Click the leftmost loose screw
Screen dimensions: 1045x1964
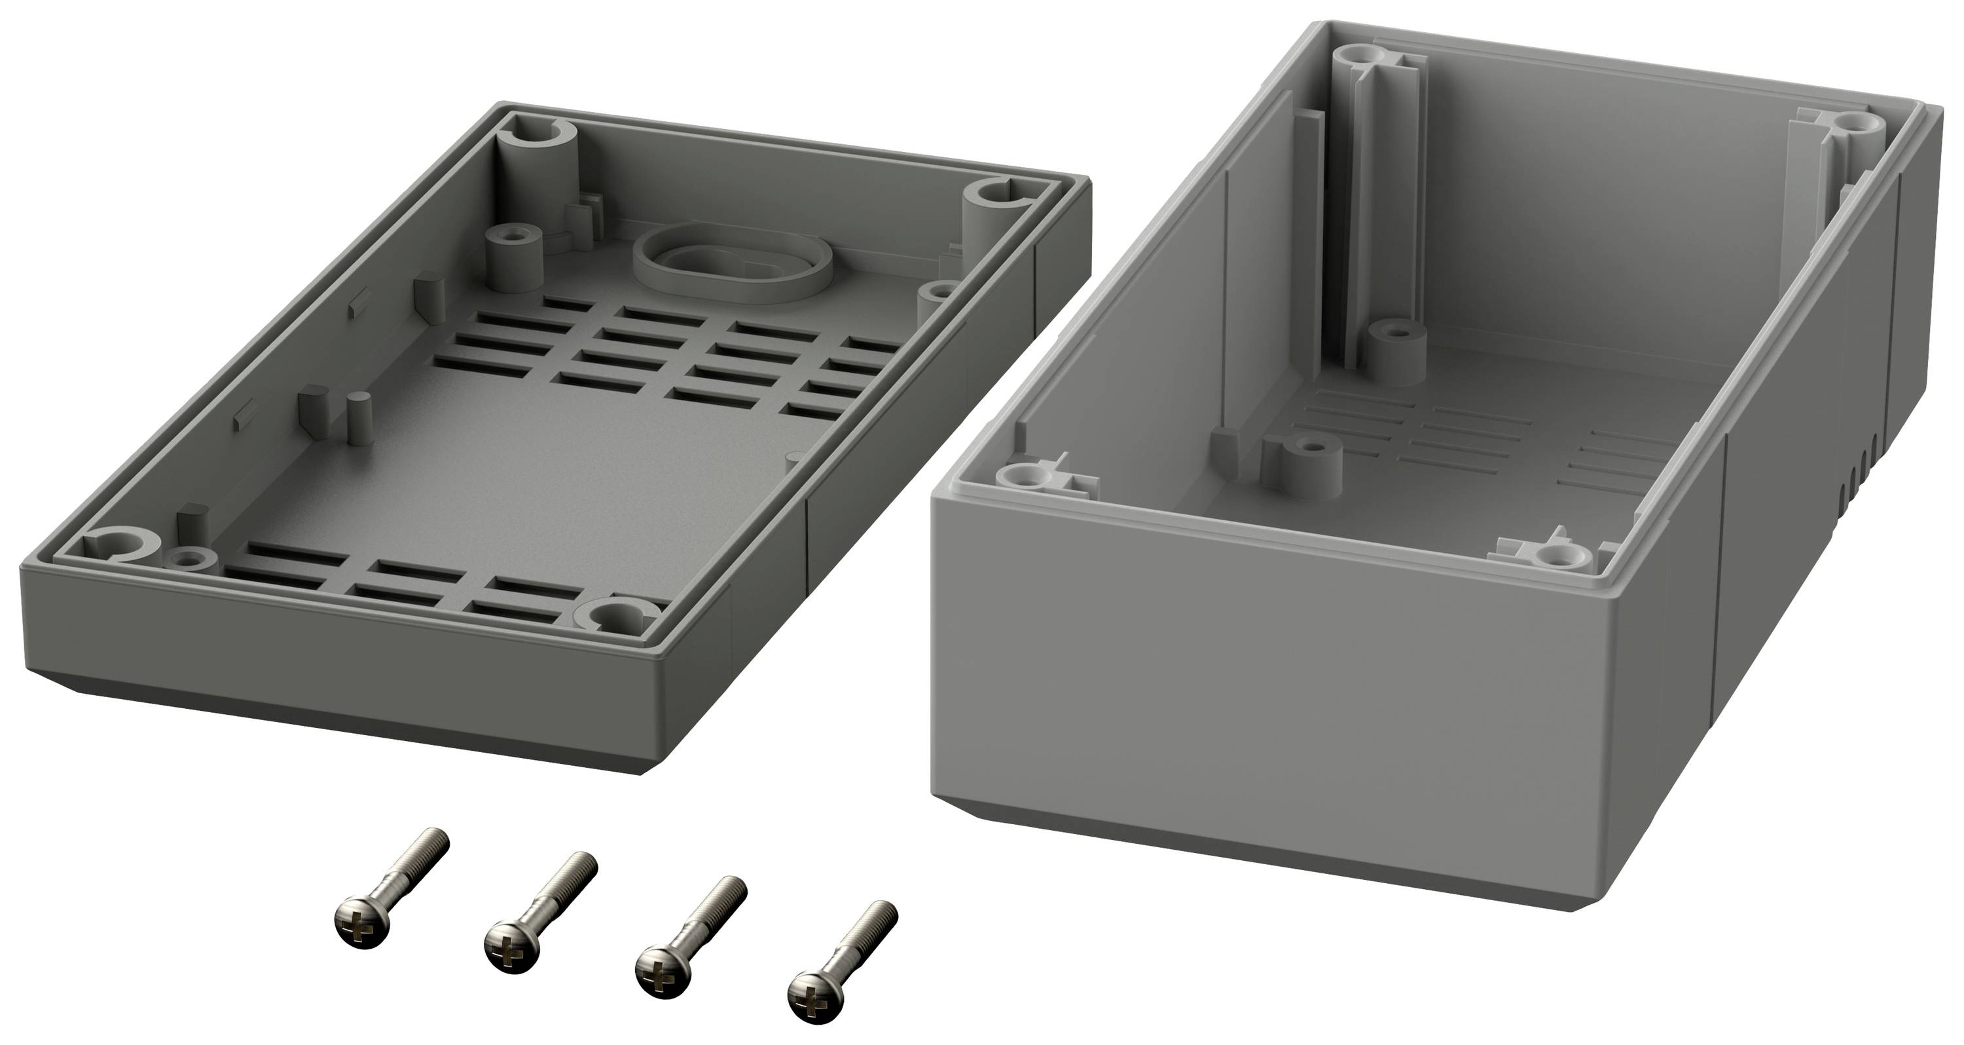(x=393, y=885)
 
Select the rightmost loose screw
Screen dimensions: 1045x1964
(x=847, y=961)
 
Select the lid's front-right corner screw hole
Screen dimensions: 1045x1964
(x=617, y=614)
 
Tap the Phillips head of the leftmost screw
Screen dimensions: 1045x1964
(x=363, y=926)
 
